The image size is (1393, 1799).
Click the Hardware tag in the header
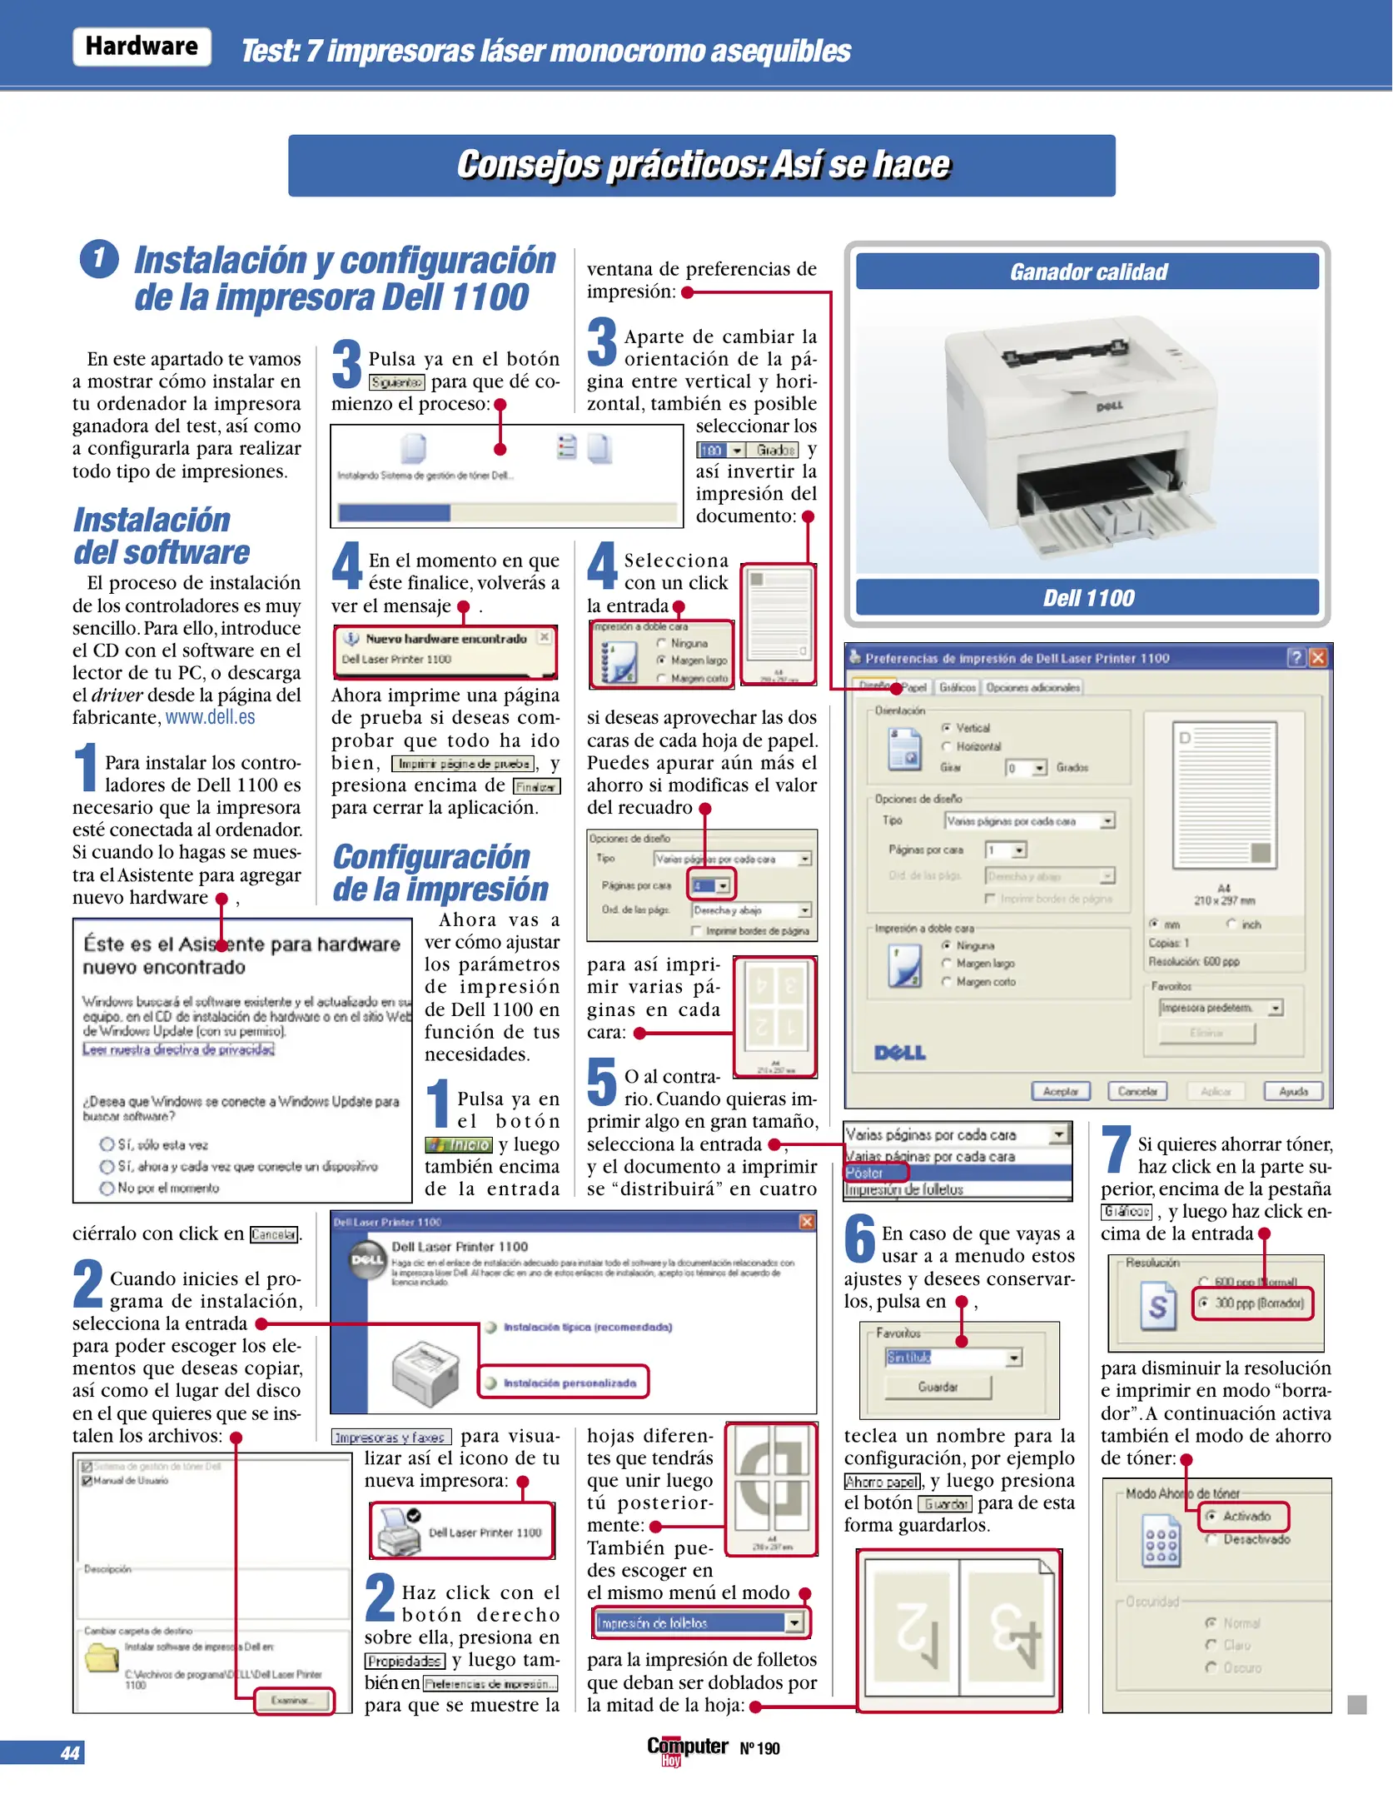click(142, 47)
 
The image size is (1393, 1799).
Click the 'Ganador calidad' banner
click(1087, 272)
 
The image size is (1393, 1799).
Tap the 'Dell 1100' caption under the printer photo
click(1087, 598)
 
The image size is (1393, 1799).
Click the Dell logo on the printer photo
click(1109, 406)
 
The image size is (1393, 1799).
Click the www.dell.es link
click(210, 718)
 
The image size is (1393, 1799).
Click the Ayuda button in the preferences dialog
click(1293, 1091)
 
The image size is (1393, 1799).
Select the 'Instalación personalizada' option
click(570, 1383)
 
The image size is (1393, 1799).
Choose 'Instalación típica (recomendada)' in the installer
click(587, 1327)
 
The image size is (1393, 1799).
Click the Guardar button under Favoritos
click(938, 1387)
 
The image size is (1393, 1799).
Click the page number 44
click(70, 1753)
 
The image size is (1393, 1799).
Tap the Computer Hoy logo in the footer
click(687, 1749)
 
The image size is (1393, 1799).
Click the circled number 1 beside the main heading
click(99, 258)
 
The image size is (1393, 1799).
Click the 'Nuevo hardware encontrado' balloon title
click(445, 639)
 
